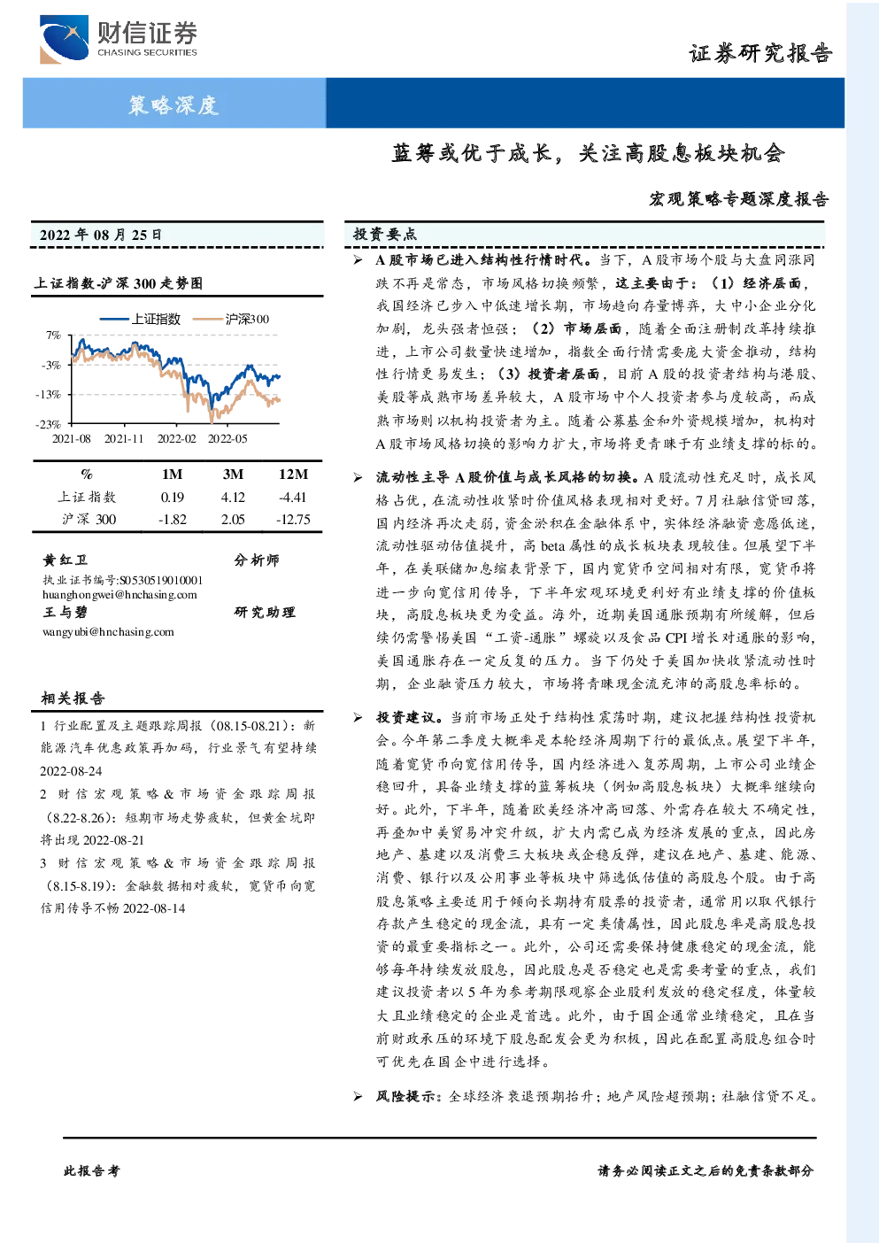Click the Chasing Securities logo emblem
64,39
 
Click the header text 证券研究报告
760,54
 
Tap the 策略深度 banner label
173,104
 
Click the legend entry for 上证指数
141,319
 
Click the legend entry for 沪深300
231,319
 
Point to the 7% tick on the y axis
53,336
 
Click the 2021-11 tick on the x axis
124,439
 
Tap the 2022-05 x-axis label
227,439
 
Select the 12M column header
293,475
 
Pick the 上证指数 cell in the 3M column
233,498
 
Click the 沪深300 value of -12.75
293,520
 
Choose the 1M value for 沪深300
173,520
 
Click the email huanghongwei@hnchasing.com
120,595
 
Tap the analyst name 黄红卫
65,560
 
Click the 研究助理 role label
265,612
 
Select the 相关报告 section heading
73,698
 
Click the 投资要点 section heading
385,235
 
